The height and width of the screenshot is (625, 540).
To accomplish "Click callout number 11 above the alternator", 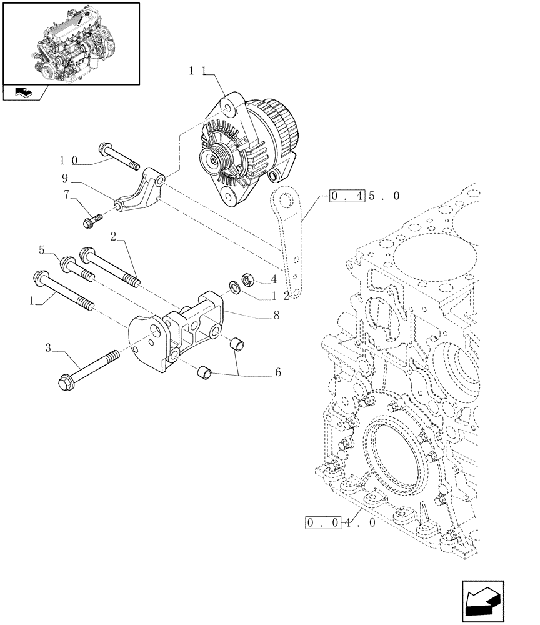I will coord(198,71).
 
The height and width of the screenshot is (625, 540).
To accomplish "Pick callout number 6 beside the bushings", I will coord(277,372).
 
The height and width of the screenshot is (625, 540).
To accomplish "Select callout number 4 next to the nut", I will coord(274,279).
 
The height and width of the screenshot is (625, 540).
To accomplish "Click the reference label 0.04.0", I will coord(341,522).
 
